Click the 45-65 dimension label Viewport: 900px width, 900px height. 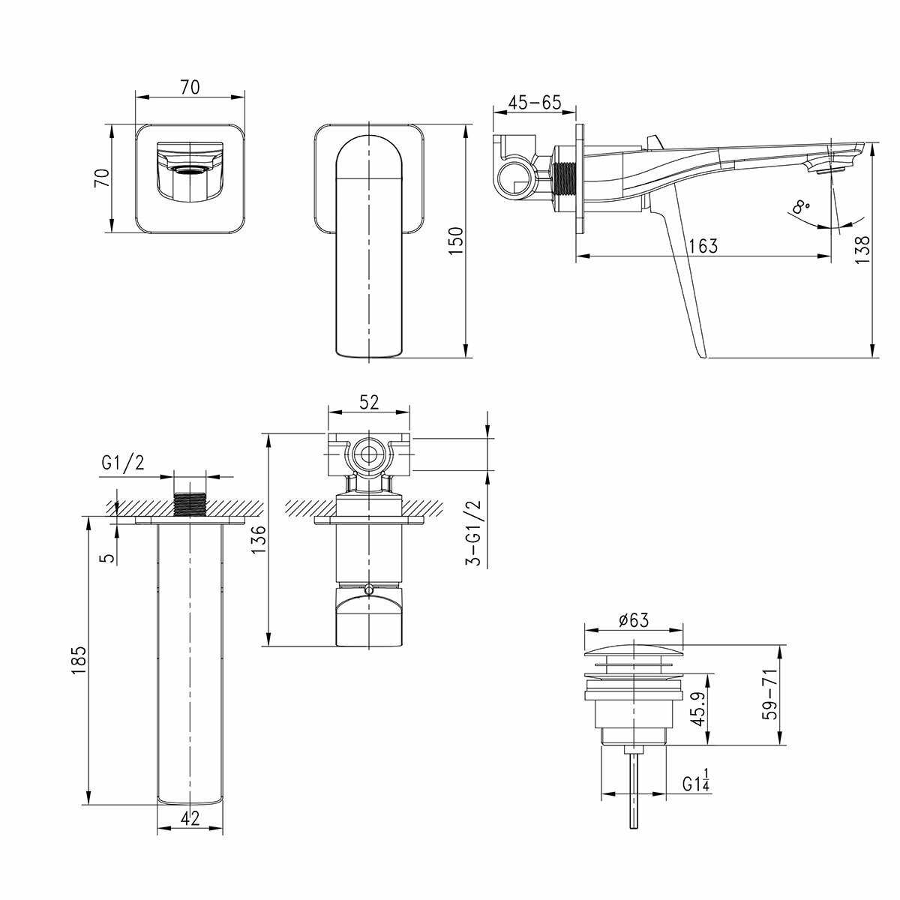tap(534, 102)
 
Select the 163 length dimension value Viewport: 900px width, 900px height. tap(703, 246)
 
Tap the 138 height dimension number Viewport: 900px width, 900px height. tap(862, 248)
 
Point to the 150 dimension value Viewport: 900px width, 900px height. tap(455, 240)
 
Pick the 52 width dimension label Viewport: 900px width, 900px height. tap(369, 402)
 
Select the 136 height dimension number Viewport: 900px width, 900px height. tap(258, 540)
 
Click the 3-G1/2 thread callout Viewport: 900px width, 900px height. tap(472, 532)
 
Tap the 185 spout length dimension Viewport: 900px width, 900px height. tap(79, 659)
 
